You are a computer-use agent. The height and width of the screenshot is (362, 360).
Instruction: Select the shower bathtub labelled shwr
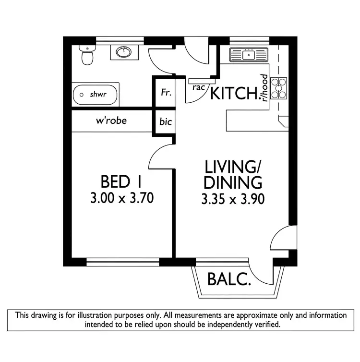pyautogui.click(x=96, y=95)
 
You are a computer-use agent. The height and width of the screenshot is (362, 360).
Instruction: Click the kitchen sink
pyautogui.click(x=249, y=55)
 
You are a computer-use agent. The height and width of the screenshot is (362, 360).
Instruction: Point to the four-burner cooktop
pyautogui.click(x=278, y=88)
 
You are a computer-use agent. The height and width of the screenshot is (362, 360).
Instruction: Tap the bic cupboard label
pyautogui.click(x=165, y=122)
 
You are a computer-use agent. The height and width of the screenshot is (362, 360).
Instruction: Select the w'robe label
pyautogui.click(x=111, y=121)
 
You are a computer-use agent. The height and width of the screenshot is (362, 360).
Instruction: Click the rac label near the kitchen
pyautogui.click(x=199, y=87)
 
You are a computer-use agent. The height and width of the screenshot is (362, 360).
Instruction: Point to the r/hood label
pyautogui.click(x=264, y=88)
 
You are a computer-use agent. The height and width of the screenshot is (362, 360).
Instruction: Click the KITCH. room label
pyautogui.click(x=235, y=94)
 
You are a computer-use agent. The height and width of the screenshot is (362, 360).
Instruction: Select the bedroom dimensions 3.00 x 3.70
pyautogui.click(x=121, y=198)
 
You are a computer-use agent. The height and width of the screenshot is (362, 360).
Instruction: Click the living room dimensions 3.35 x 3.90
pyautogui.click(x=233, y=198)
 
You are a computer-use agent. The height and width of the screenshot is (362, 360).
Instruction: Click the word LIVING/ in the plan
pyautogui.click(x=233, y=167)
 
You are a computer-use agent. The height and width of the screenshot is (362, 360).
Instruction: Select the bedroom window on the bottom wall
pyautogui.click(x=123, y=261)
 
